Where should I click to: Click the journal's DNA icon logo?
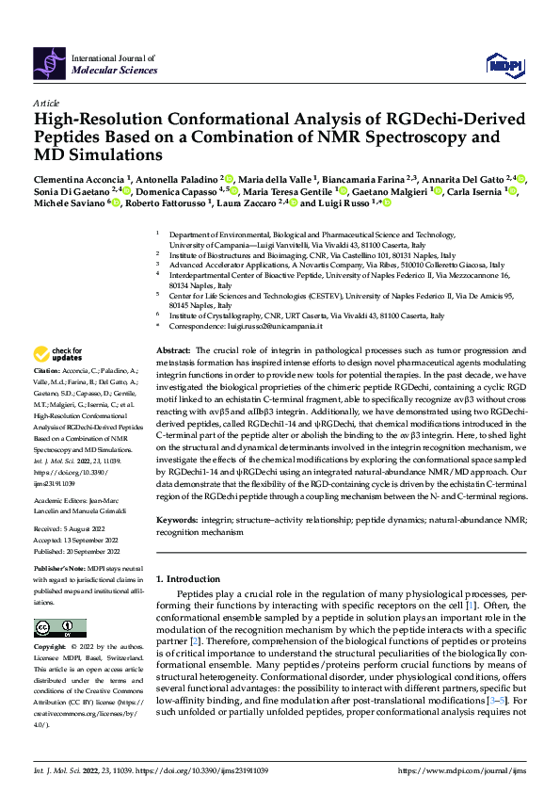pyautogui.click(x=50, y=63)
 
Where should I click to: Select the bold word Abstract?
pyautogui.click(x=174, y=349)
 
